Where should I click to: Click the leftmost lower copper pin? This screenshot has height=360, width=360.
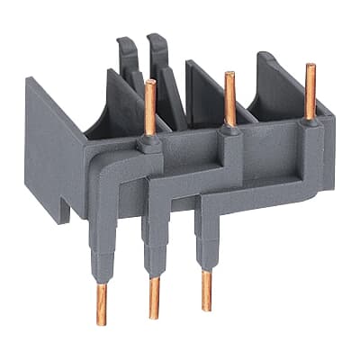(102, 301)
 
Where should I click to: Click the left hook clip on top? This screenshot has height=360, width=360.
(127, 58)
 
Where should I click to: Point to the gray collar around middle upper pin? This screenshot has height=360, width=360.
(229, 132)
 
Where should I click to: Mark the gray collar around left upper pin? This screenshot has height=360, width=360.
(150, 142)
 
